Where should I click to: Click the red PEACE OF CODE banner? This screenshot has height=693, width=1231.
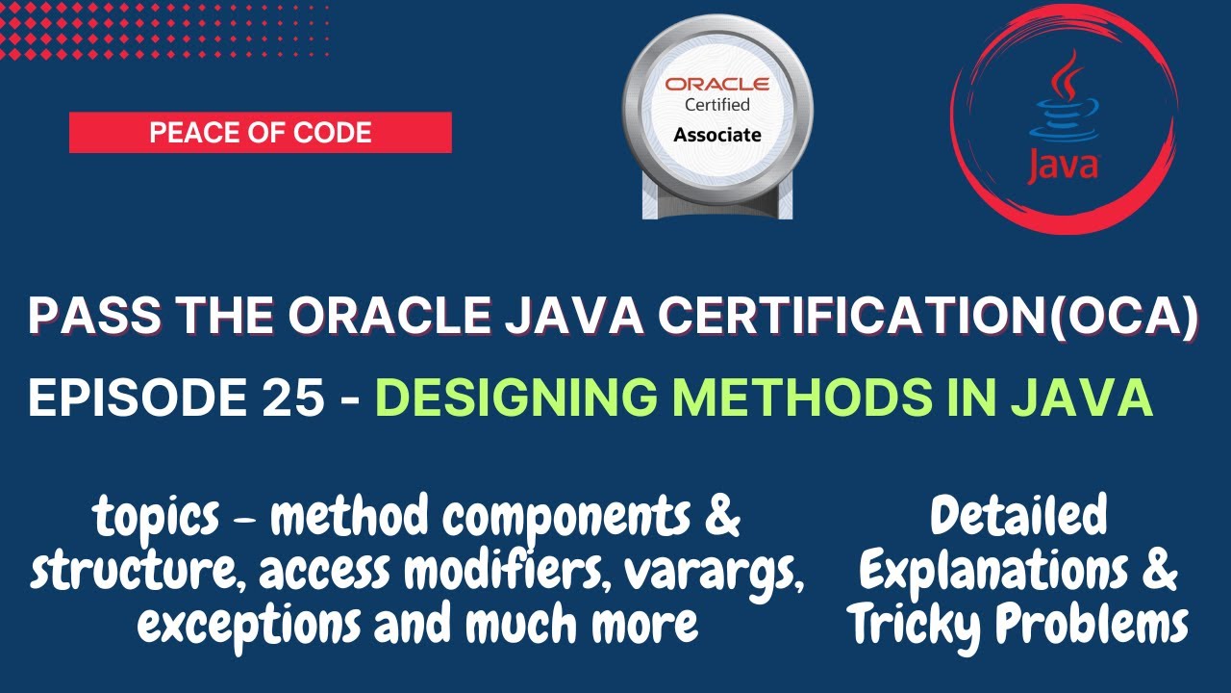(260, 133)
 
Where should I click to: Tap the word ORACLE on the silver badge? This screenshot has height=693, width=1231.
(716, 85)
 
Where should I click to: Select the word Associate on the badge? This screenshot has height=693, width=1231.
(716, 135)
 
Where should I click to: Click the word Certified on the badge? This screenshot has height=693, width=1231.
(716, 105)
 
